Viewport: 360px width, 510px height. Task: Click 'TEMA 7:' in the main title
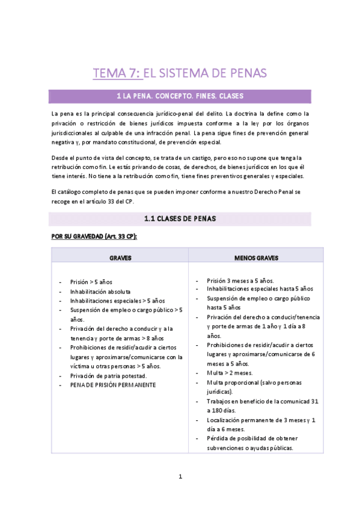pyautogui.click(x=117, y=73)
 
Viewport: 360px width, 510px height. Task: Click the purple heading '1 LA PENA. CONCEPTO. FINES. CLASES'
pyautogui.click(x=180, y=96)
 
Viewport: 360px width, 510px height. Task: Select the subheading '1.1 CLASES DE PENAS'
pyautogui.click(x=180, y=218)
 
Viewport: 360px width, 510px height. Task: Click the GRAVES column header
pyautogui.click(x=120, y=257)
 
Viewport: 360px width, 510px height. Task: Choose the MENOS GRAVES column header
pyautogui.click(x=256, y=257)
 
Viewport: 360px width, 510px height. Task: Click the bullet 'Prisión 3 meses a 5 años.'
pyautogui.click(x=240, y=280)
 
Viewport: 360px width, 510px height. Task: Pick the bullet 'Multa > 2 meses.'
pyautogui.click(x=228, y=373)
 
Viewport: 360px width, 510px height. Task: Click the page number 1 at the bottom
pyautogui.click(x=180, y=477)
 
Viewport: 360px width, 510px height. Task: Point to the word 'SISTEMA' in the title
pyautogui.click(x=197, y=73)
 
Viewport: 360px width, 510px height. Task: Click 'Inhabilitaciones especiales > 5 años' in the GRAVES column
pyautogui.click(x=117, y=301)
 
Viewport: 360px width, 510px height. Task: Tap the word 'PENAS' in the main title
pyautogui.click(x=247, y=73)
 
